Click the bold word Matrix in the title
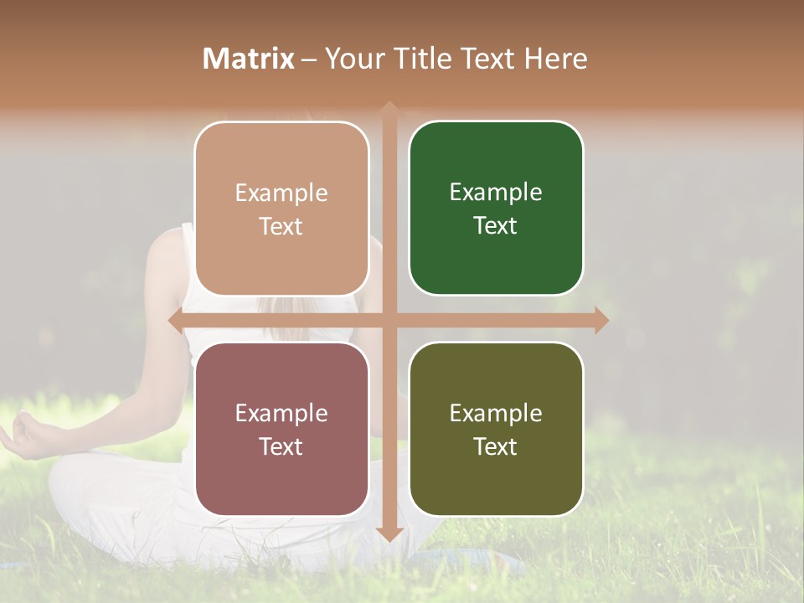[249, 59]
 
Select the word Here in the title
[555, 59]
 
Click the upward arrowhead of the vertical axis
[389, 109]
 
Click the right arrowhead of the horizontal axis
[600, 320]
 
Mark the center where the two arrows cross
[389, 320]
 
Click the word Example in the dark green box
[496, 193]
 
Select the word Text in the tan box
[281, 226]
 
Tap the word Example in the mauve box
[281, 413]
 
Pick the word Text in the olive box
[496, 446]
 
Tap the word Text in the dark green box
[496, 225]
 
